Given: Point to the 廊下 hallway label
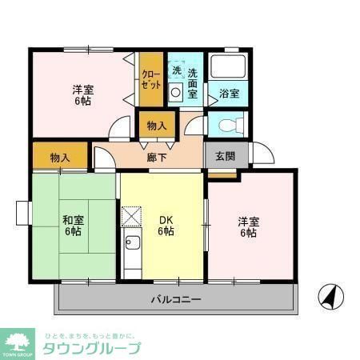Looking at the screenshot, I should (157, 158).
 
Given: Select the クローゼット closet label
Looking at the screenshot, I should (152, 78).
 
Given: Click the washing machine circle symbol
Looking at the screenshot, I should (177, 92).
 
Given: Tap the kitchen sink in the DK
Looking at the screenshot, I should (133, 243).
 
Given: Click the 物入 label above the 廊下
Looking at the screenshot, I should (157, 126).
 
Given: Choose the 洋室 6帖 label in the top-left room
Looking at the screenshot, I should (82, 95).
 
